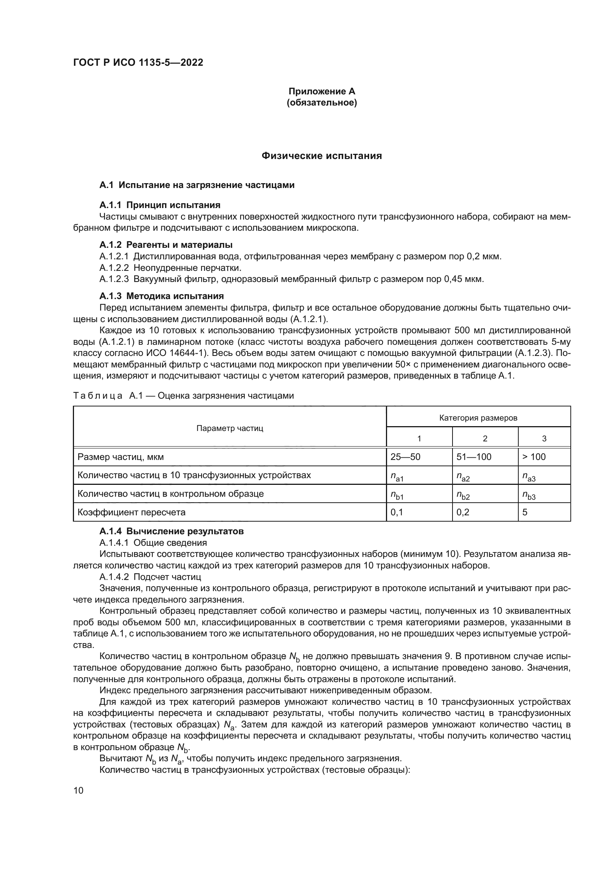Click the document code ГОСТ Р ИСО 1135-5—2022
tap(138, 62)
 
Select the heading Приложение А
tap(322, 91)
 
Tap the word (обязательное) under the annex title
tap(322, 103)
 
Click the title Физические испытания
tap(322, 156)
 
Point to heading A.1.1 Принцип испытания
tap(160, 205)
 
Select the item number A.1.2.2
tap(114, 268)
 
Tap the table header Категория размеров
tap(478, 418)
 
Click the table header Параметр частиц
tap(229, 428)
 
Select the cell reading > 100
tap(534, 457)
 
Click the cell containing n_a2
tap(463, 476)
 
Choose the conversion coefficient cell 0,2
tap(463, 512)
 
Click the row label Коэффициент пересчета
tap(131, 512)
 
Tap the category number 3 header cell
tap(544, 439)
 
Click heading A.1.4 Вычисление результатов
tap(171, 531)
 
